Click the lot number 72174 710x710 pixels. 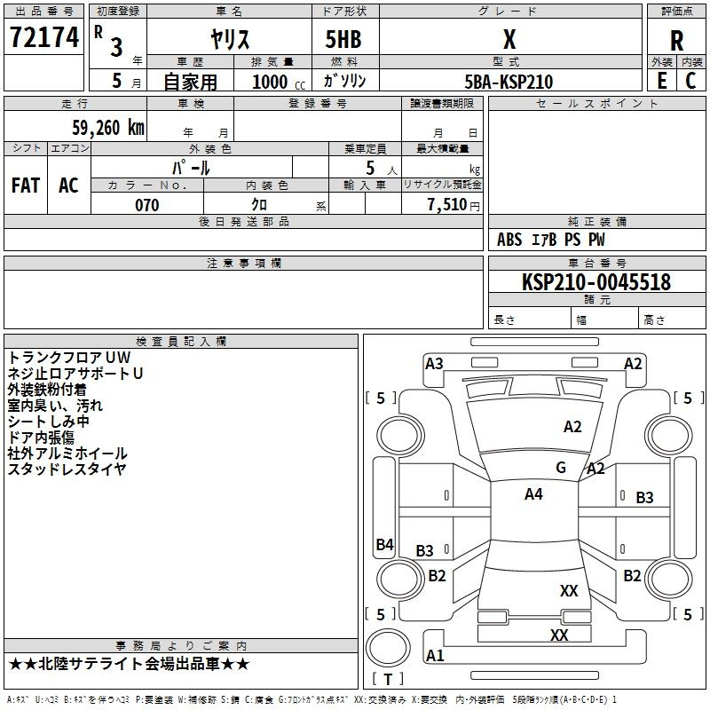[x=44, y=39]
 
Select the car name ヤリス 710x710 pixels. [x=229, y=39]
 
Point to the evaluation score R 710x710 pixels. [x=676, y=40]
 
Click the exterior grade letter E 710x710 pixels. [x=661, y=80]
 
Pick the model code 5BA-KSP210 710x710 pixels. [x=509, y=82]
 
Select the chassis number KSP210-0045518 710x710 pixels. [x=596, y=282]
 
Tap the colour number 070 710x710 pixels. [x=147, y=205]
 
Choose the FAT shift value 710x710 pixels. [x=26, y=185]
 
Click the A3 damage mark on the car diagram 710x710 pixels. [x=434, y=363]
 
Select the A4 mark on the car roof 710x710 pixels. [x=533, y=494]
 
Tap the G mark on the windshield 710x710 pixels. [x=561, y=468]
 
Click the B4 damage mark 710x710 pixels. [x=384, y=545]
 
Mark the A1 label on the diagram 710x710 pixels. [x=435, y=656]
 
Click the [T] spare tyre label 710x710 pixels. [x=388, y=680]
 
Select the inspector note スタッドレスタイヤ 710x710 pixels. [x=67, y=469]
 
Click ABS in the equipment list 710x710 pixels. [x=509, y=240]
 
